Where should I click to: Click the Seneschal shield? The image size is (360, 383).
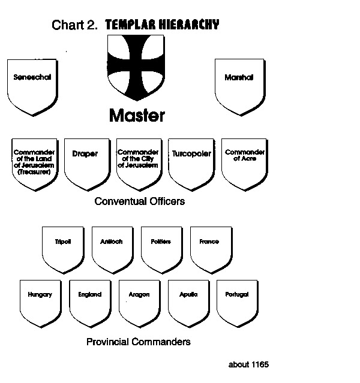point(33,86)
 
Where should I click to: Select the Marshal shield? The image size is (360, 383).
point(238,86)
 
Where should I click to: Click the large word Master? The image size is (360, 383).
point(137,115)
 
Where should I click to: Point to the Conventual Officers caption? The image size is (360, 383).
point(140,201)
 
